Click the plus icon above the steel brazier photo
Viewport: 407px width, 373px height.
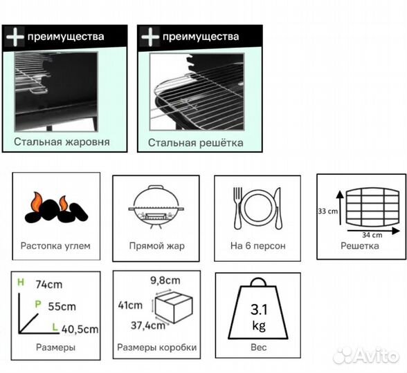point(15,37)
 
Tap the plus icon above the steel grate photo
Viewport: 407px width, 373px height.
point(150,37)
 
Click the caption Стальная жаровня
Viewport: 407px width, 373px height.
point(62,142)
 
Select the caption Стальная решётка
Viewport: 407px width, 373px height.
point(195,143)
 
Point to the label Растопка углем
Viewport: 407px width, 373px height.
point(55,246)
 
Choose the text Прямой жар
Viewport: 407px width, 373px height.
point(156,246)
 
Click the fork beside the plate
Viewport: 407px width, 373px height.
point(237,208)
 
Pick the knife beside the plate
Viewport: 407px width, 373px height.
point(278,208)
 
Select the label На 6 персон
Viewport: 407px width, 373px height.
point(257,246)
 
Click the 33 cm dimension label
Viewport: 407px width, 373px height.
point(328,211)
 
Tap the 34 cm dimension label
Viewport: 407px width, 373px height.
point(372,235)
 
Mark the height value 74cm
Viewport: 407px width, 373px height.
point(49,285)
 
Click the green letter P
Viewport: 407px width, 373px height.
point(38,304)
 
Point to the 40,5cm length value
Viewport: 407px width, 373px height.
point(80,329)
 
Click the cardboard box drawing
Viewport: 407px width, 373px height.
point(174,307)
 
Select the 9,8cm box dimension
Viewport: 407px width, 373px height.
point(165,280)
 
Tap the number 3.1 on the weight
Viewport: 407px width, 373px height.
point(259,309)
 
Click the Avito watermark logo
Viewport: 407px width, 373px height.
point(365,356)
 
